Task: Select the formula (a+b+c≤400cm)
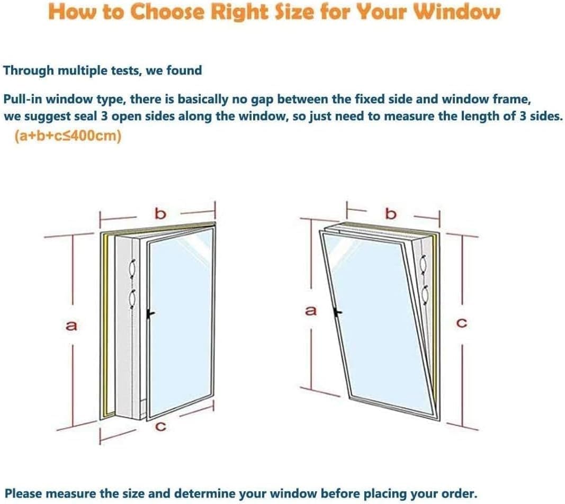pyautogui.click(x=68, y=136)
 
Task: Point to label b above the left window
pyautogui.click(x=160, y=213)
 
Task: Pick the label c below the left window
pyautogui.click(x=157, y=427)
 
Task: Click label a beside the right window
pyautogui.click(x=311, y=310)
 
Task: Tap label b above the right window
pyautogui.click(x=391, y=213)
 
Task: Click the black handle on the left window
pyautogui.click(x=150, y=313)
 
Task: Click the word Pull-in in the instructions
pyautogui.click(x=22, y=100)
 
